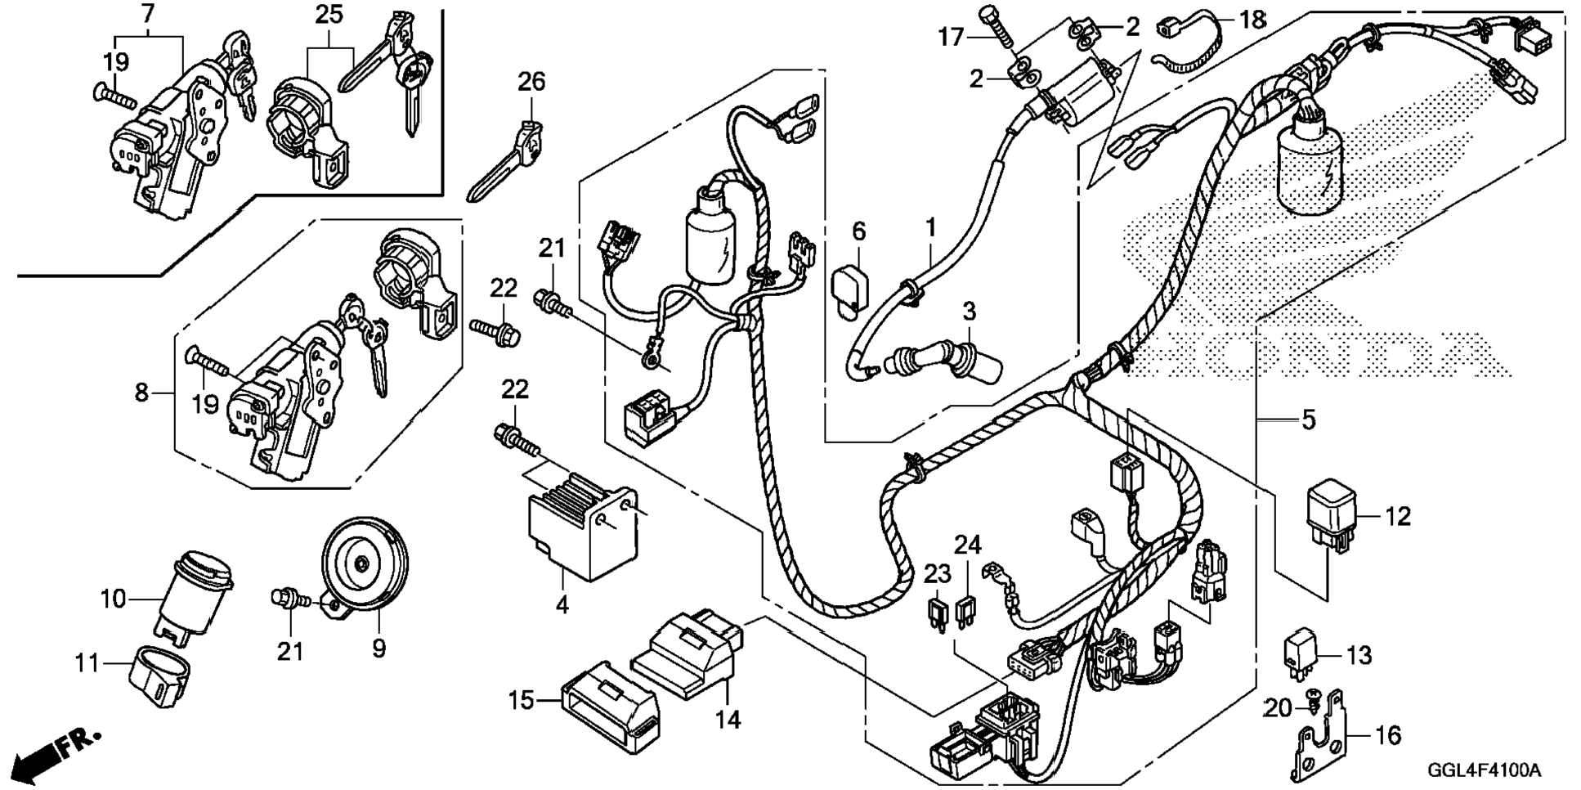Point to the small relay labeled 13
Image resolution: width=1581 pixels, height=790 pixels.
1299,652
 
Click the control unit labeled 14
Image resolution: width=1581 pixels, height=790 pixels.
691,654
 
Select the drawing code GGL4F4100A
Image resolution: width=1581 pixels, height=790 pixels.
1483,770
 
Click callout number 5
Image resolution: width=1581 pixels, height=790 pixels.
1308,420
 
